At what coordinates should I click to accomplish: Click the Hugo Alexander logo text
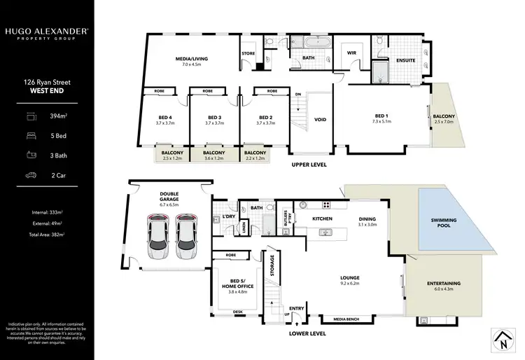point(47,33)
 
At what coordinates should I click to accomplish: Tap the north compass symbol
point(501,341)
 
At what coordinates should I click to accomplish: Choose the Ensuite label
point(405,60)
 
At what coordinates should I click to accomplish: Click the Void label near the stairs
point(321,120)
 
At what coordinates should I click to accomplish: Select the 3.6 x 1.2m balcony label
point(213,155)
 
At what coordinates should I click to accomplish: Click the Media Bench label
point(346,319)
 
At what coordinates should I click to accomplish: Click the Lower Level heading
point(307,334)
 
